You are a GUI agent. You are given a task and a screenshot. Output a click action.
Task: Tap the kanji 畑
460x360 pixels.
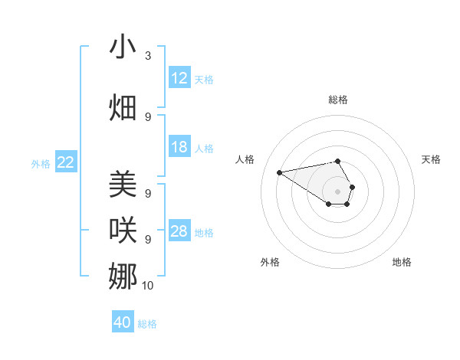(123, 107)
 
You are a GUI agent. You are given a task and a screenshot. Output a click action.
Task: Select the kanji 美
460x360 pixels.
(123, 185)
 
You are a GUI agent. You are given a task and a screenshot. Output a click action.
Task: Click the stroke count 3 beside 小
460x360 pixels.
(148, 56)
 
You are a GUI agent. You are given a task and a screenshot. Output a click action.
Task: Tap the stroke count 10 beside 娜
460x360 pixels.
(148, 286)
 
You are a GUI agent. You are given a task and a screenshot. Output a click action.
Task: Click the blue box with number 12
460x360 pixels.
(179, 78)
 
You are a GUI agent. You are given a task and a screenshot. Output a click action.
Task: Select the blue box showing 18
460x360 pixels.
(179, 147)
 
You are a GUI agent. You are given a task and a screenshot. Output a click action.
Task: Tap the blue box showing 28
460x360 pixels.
(179, 231)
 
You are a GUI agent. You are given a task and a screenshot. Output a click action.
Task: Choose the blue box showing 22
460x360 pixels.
(66, 162)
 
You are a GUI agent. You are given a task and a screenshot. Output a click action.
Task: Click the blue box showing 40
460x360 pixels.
(123, 322)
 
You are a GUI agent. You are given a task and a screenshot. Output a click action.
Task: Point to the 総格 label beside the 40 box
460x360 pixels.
(147, 324)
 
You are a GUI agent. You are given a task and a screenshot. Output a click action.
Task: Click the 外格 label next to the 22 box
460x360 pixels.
(41, 163)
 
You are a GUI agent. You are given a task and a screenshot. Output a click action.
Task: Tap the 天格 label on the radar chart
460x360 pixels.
(431, 159)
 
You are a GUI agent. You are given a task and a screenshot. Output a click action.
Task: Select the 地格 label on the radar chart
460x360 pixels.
(402, 262)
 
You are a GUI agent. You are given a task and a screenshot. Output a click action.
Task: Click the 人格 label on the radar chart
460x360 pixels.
(245, 159)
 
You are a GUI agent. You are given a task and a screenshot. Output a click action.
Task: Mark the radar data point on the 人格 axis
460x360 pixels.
(280, 172)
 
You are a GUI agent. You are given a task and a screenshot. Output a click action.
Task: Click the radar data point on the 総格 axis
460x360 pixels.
(338, 161)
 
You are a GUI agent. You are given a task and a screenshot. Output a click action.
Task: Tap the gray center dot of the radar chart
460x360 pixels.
(338, 191)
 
